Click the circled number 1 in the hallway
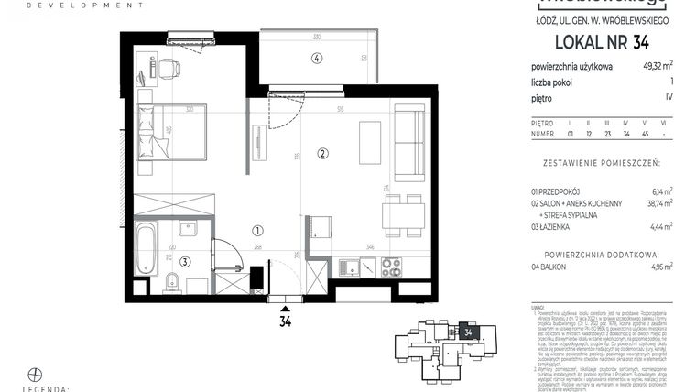click(258, 232)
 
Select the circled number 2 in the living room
click(321, 152)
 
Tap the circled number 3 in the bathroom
click(185, 262)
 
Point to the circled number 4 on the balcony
click(316, 58)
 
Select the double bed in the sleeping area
click(170, 130)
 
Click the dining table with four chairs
click(403, 214)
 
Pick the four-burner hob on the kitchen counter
click(391, 267)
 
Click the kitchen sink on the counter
click(349, 267)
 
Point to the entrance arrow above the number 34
click(286, 309)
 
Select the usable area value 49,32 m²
click(656, 65)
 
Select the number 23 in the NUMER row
click(606, 134)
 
